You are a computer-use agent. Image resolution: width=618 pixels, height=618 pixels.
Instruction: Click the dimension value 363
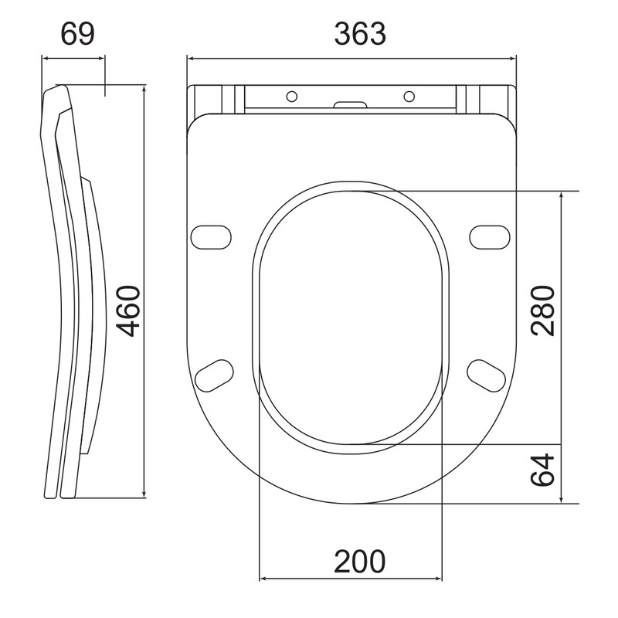tap(360, 34)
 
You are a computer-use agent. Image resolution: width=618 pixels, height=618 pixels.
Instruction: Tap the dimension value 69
tap(78, 34)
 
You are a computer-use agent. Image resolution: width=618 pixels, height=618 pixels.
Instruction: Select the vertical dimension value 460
tap(130, 311)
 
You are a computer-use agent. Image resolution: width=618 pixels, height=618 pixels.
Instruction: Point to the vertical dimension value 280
tap(543, 311)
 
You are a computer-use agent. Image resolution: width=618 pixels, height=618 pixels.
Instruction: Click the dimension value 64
tap(543, 470)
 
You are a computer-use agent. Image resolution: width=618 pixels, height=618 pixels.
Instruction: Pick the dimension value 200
tap(360, 562)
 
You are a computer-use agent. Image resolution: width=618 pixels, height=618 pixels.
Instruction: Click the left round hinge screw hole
tap(292, 96)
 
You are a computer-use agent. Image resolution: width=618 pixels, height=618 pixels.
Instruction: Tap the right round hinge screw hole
tap(409, 96)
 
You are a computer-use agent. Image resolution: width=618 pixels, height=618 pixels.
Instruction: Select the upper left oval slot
tap(211, 237)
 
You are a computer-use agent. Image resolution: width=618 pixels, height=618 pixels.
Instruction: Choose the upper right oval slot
tap(490, 237)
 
